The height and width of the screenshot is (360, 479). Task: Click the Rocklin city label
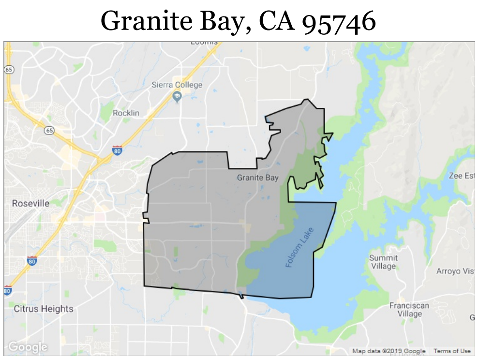pos(126,113)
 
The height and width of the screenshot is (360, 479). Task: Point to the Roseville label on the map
pos(30,203)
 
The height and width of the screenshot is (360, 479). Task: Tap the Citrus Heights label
pos(44,309)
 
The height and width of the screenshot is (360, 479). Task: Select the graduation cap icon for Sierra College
pos(177,97)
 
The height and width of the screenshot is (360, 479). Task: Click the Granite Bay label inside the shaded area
pos(257,178)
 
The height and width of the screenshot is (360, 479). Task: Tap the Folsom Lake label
pos(298,247)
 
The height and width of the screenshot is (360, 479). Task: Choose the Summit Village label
pos(383,262)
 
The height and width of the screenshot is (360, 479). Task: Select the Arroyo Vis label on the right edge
pos(455,271)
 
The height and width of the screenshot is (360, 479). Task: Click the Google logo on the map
pos(28,347)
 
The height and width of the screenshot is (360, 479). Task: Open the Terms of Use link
pos(452,351)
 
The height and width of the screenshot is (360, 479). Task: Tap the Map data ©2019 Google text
pos(389,351)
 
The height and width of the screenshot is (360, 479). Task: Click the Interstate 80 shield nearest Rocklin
pos(117,150)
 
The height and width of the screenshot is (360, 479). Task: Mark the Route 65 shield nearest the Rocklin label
pos(48,130)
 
